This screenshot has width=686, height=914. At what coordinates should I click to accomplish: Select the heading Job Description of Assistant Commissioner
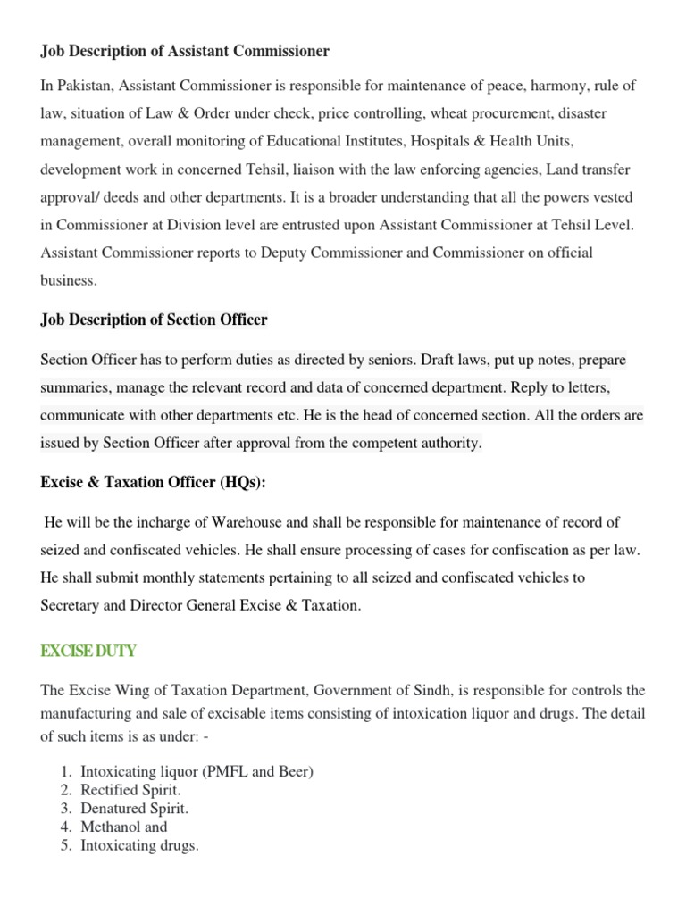pyautogui.click(x=185, y=52)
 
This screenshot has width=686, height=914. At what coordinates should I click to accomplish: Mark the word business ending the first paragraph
pyautogui.click(x=67, y=279)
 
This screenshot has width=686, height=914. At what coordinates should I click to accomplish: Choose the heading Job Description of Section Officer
pyautogui.click(x=155, y=320)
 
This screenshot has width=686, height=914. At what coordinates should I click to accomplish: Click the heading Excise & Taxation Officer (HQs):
pyautogui.click(x=154, y=482)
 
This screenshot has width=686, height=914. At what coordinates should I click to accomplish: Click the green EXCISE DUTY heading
pyautogui.click(x=88, y=651)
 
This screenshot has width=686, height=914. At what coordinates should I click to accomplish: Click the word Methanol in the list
pyautogui.click(x=110, y=827)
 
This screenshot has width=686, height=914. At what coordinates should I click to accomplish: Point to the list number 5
pyautogui.click(x=65, y=845)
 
